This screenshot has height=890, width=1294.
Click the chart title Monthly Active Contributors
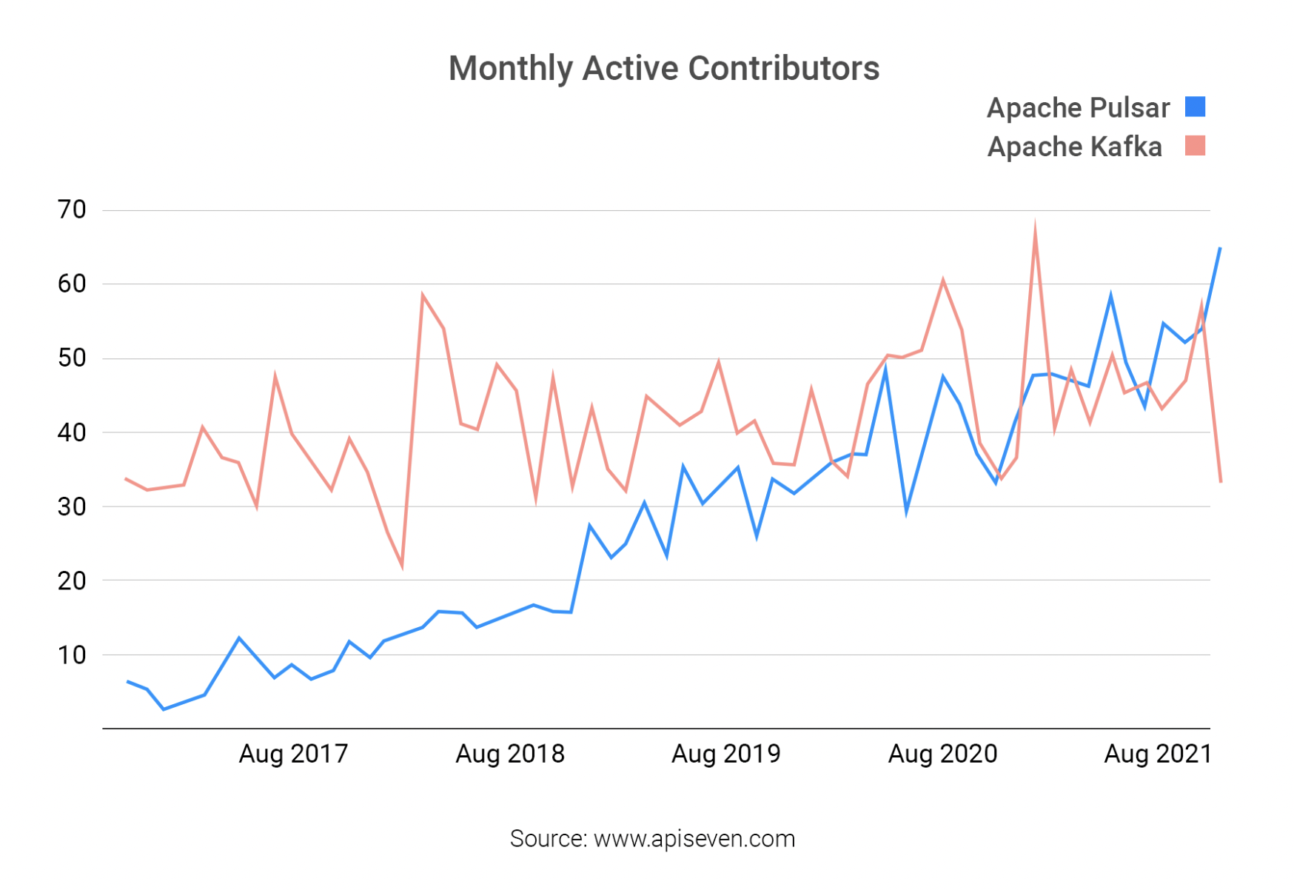pyautogui.click(x=663, y=68)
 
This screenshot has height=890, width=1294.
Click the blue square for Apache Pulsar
pyautogui.click(x=1195, y=107)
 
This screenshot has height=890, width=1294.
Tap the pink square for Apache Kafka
pyautogui.click(x=1195, y=146)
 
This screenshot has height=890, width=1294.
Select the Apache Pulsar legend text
pyautogui.click(x=1078, y=108)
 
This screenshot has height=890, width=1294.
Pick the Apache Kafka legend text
pyautogui.click(x=1074, y=147)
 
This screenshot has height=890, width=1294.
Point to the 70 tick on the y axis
pyautogui.click(x=72, y=210)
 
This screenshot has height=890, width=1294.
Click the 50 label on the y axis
pyautogui.click(x=72, y=358)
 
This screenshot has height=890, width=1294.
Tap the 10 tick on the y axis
pyautogui.click(x=72, y=655)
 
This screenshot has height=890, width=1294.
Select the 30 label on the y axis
pyautogui.click(x=72, y=507)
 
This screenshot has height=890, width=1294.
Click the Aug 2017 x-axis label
pyautogui.click(x=293, y=754)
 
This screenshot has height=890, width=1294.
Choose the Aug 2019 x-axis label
pyautogui.click(x=725, y=754)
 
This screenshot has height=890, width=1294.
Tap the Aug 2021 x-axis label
pyautogui.click(x=1158, y=754)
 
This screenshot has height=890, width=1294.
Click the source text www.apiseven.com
pyautogui.click(x=694, y=839)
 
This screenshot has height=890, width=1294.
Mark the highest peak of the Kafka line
pyautogui.click(x=1034, y=224)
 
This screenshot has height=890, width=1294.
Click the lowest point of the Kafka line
pyautogui.click(x=402, y=567)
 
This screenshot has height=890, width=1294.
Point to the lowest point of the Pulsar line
pyautogui.click(x=164, y=709)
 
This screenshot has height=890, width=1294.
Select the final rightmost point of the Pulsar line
pyautogui.click(x=1219, y=249)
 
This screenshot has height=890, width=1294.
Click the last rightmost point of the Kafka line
pyautogui.click(x=1220, y=482)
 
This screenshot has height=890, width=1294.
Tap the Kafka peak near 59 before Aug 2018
pyautogui.click(x=422, y=295)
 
